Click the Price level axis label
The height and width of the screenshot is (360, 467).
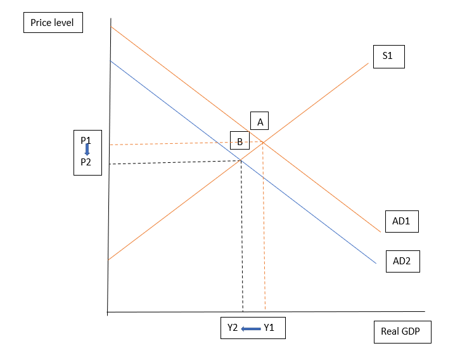tap(52, 23)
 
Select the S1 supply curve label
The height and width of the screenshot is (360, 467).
tap(388, 56)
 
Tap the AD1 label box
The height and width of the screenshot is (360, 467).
tap(402, 222)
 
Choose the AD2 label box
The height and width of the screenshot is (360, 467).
tap(402, 260)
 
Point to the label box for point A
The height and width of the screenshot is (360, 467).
tap(260, 122)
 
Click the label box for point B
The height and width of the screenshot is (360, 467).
tap(240, 141)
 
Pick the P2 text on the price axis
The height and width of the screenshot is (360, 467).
tap(86, 162)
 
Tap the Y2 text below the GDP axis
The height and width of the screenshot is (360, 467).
tap(233, 328)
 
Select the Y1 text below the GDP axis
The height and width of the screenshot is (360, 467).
tap(269, 328)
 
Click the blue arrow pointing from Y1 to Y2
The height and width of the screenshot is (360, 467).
tap(251, 328)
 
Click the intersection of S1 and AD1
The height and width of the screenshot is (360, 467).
tap(263, 142)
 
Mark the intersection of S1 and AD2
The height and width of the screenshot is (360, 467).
tap(241, 160)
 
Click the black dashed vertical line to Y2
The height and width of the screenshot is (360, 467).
tap(242, 241)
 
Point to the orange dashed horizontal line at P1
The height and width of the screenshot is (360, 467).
tap(177, 144)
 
